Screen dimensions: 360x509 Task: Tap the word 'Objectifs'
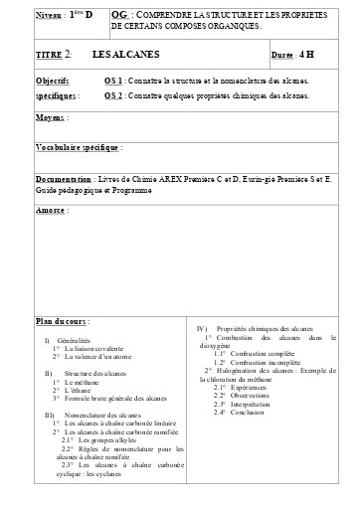coord(52,79)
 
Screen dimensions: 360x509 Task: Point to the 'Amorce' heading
coord(51,210)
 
